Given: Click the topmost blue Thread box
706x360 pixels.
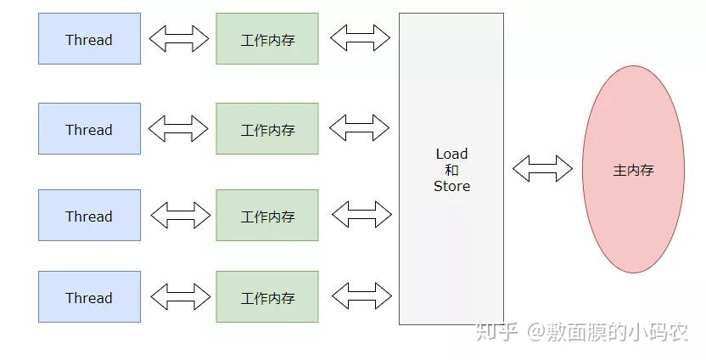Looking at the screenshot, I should point(89,39).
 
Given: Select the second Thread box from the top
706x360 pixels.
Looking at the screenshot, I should point(89,129).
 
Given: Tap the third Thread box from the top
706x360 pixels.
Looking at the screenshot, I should point(89,216).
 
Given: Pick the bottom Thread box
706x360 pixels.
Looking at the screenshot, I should point(89,297).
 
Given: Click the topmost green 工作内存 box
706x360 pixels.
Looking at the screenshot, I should point(267,39).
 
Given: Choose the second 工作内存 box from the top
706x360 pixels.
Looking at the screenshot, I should point(267,129).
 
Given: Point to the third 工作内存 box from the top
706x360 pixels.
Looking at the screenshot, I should point(267,216).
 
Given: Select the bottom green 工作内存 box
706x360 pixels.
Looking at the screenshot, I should point(267,297).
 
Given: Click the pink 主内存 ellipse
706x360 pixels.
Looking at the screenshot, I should point(633,170).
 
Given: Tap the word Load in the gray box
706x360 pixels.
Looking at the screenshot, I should point(451,154).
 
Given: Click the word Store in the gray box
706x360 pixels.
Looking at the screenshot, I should point(451,186).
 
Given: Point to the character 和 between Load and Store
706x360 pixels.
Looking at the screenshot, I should point(451,170).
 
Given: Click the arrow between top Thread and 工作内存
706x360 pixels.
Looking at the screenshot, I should point(178,38).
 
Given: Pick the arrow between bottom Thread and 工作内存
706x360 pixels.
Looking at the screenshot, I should point(180,296).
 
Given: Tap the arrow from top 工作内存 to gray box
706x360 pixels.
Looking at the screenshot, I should point(360,37).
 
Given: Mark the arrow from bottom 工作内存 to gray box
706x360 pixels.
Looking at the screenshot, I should point(361,295).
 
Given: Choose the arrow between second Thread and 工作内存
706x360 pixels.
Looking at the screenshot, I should point(178,128).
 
